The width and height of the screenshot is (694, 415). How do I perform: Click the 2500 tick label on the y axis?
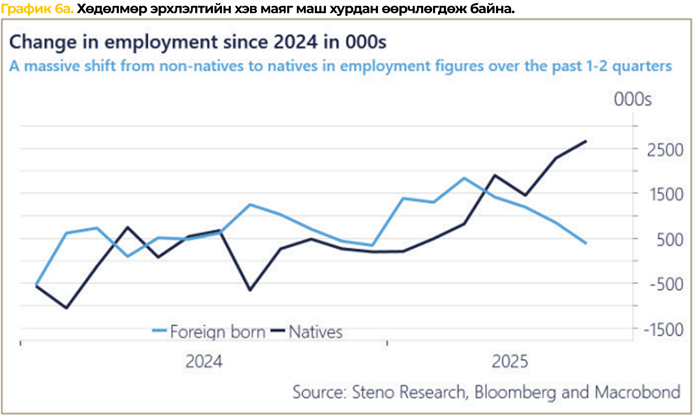tap(665, 150)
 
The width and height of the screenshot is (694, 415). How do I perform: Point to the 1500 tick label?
tap(666, 195)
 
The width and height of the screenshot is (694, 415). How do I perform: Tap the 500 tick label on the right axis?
tap(670, 240)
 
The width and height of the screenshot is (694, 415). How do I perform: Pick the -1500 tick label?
tap(663, 330)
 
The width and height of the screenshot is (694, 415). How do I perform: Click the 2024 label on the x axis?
tap(204, 362)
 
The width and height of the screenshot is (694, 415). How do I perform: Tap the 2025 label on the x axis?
tap(510, 362)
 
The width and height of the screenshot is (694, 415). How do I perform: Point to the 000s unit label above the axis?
tap(632, 100)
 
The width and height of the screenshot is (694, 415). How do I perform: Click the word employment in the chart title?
tap(161, 42)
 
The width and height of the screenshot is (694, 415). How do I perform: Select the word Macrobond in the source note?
tap(637, 392)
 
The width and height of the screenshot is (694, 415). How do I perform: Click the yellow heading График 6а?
tap(37, 8)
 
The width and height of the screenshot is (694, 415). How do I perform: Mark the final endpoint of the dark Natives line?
tap(586, 141)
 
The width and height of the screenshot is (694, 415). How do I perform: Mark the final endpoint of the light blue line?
tap(586, 243)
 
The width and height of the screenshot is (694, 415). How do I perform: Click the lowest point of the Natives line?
tap(66, 308)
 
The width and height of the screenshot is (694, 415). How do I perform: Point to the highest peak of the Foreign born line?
tap(464, 178)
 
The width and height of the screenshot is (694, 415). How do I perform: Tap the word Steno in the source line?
tap(373, 392)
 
